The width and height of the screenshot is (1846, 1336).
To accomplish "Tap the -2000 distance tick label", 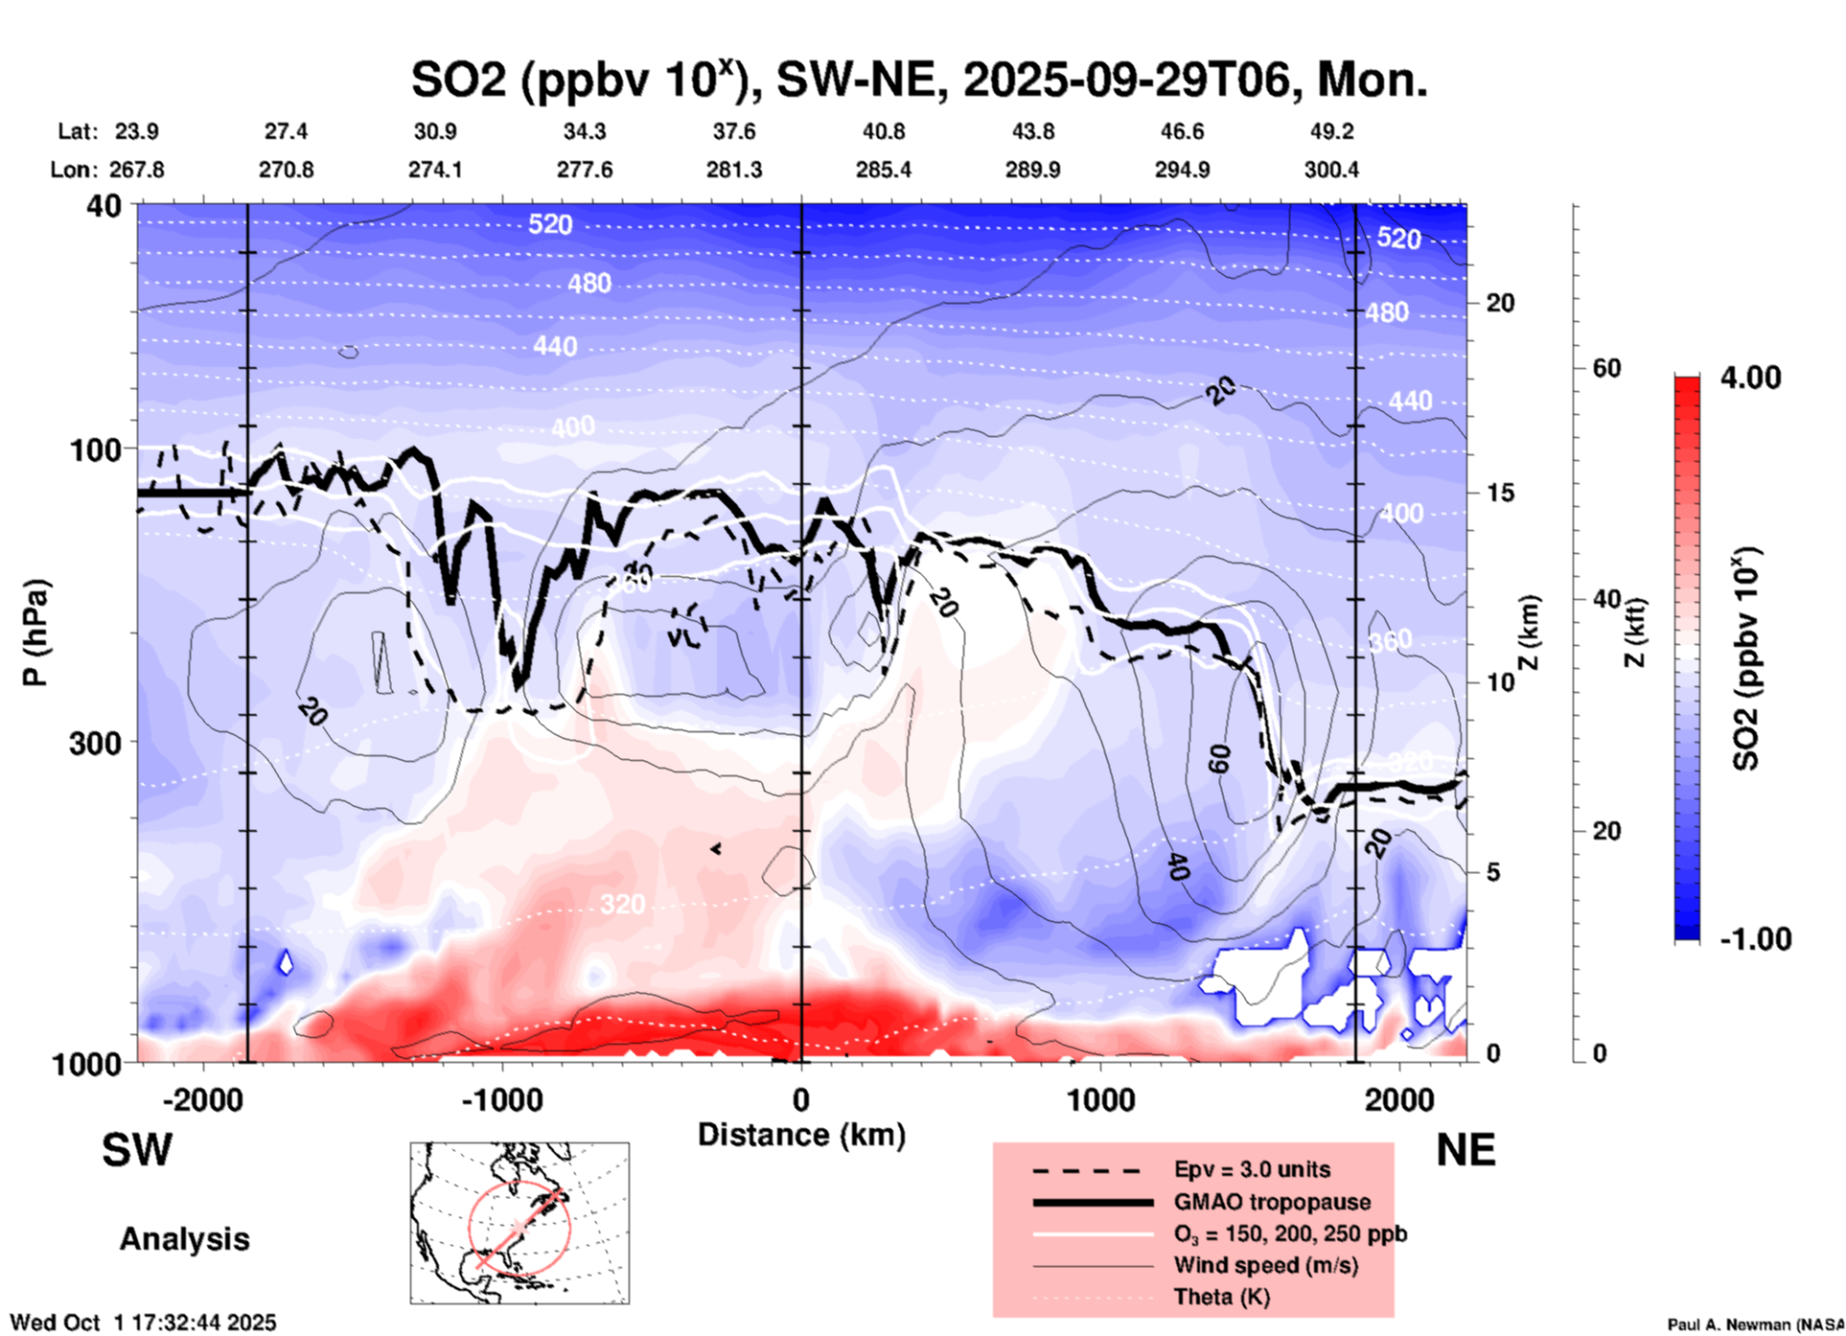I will tap(202, 1099).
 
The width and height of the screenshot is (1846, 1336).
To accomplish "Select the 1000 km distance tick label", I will tap(1100, 1099).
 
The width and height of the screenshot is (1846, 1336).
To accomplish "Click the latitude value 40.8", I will tap(883, 131).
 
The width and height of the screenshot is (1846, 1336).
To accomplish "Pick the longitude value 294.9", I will tap(1181, 170).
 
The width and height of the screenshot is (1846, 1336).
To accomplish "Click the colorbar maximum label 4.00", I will tap(1750, 378).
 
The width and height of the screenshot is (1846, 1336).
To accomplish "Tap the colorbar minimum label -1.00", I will tap(1755, 938).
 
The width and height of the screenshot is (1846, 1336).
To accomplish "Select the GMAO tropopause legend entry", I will tap(1272, 1202).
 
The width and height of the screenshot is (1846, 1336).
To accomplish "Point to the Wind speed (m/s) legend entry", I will tap(1265, 1265).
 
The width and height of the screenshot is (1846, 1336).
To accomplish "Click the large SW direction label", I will tap(137, 1150).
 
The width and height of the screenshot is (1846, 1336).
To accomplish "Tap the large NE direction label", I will tap(1465, 1150).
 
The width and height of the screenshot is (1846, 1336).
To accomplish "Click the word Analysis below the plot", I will tap(184, 1239).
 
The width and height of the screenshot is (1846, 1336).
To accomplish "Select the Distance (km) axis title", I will tap(801, 1135).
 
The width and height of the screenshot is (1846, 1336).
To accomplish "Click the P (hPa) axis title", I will tap(35, 633).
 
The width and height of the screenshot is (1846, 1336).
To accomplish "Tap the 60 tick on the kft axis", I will tap(1606, 368).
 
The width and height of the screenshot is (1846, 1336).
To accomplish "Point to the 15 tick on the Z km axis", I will tap(1500, 493).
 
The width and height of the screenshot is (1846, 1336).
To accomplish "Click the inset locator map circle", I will tap(519, 1228).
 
